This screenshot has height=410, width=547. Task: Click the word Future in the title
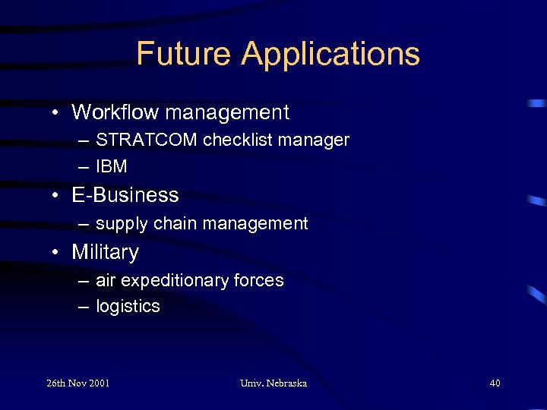[183, 54]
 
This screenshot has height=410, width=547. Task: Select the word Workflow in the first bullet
[115, 112]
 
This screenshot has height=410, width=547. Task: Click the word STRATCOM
[147, 140]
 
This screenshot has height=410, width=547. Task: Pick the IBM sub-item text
[112, 166]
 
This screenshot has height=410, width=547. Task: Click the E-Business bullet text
[125, 195]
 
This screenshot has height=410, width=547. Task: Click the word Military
[105, 252]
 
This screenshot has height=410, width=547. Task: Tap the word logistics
[128, 307]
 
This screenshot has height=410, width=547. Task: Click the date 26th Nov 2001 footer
[77, 383]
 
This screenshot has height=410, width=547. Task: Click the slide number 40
[495, 383]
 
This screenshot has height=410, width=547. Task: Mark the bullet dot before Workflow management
[57, 113]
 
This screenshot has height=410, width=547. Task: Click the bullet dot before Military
[57, 253]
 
